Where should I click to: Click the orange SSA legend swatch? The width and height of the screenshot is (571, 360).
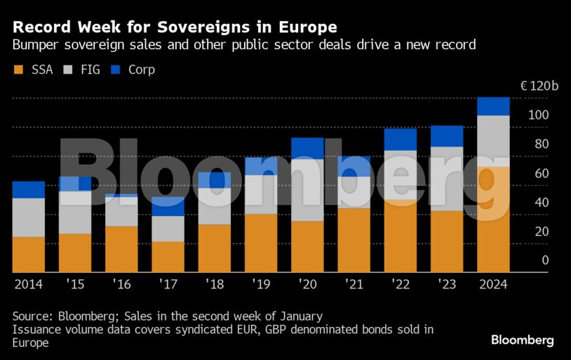pyautogui.click(x=18, y=70)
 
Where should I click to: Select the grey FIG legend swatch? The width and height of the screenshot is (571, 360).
pyautogui.click(x=68, y=70)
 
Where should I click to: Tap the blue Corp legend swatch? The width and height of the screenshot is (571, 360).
pyautogui.click(x=116, y=70)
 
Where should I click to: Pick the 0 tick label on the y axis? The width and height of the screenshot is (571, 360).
pyautogui.click(x=545, y=260)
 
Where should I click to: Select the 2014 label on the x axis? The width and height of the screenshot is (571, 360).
pyautogui.click(x=28, y=285)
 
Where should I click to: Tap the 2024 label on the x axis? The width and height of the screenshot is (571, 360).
pyautogui.click(x=492, y=285)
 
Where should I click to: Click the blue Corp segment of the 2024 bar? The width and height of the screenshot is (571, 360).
pyautogui.click(x=492, y=106)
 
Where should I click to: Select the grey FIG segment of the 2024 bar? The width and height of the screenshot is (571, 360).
pyautogui.click(x=492, y=140)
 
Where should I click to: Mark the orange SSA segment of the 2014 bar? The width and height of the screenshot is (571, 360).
pyautogui.click(x=28, y=254)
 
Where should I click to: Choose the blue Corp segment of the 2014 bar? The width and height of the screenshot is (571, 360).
pyautogui.click(x=28, y=189)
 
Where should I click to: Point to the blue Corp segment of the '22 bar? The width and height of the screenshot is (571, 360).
pyautogui.click(x=400, y=139)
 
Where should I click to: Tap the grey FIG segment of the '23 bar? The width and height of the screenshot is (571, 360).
pyautogui.click(x=446, y=178)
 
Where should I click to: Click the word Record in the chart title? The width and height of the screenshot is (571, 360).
pyautogui.click(x=41, y=27)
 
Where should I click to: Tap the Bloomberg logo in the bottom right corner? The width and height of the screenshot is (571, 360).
pyautogui.click(x=522, y=340)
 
